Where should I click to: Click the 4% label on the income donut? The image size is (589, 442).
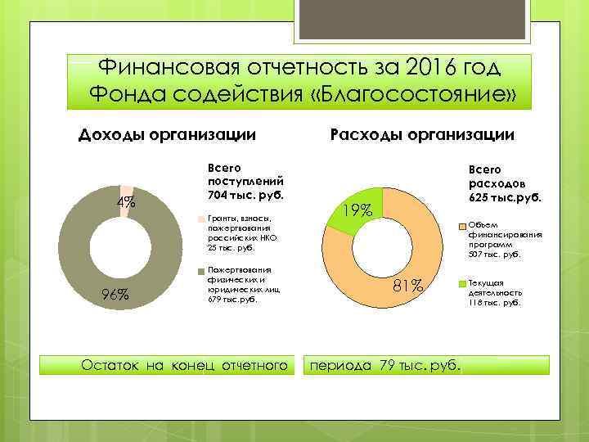(x=126, y=203)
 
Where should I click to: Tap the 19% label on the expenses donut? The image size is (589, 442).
(x=357, y=210)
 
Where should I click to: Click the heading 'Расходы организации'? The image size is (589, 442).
(x=421, y=134)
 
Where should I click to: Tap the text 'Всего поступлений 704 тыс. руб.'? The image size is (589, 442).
(x=245, y=179)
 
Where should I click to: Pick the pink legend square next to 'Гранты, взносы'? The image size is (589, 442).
(x=202, y=219)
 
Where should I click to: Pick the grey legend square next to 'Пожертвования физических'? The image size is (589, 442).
(x=202, y=271)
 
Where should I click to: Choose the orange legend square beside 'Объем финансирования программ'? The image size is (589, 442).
(x=461, y=226)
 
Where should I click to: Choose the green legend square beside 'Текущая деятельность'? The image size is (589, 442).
(x=461, y=284)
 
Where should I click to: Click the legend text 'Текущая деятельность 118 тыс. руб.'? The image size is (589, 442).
(x=494, y=293)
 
